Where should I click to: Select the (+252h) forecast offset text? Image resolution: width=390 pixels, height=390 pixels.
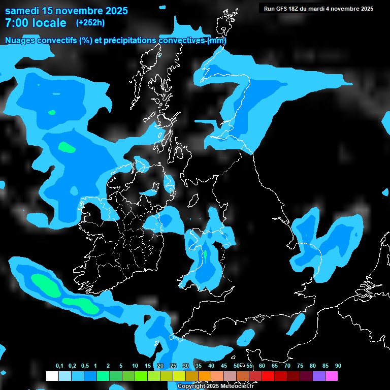click(90, 23)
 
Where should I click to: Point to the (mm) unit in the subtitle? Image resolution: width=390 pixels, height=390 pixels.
click(217, 41)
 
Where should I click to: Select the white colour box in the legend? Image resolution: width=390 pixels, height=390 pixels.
click(52, 376)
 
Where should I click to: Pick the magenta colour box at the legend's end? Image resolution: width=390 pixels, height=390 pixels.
click(332, 376)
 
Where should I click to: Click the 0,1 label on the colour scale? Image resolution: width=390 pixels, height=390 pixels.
click(59, 366)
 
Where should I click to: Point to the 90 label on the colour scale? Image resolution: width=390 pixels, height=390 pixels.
click(338, 366)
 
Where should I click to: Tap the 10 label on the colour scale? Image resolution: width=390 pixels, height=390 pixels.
click(135, 366)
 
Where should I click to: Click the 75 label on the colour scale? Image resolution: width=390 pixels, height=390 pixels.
click(300, 366)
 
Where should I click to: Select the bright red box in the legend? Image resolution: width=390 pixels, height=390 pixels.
click(268, 376)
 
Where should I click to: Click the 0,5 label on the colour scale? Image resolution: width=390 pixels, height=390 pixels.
click(84, 366)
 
